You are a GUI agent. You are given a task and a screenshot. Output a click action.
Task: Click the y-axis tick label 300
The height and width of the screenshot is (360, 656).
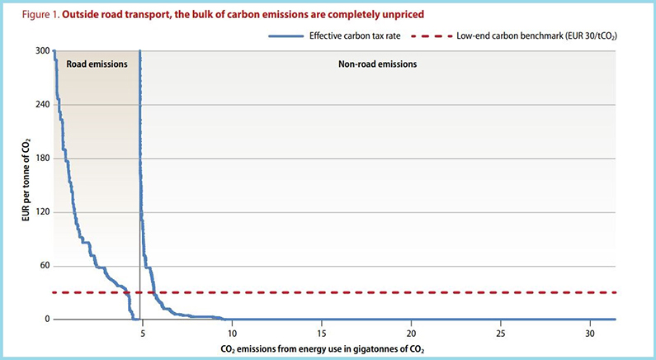(41, 51)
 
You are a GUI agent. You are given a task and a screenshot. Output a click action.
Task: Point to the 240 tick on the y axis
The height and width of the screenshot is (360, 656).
(41, 105)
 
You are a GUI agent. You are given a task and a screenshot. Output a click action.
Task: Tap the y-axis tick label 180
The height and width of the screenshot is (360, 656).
(41, 159)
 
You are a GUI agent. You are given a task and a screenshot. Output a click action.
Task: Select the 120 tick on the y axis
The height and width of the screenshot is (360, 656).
(41, 212)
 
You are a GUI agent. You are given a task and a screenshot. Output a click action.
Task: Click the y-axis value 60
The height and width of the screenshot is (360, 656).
(44, 266)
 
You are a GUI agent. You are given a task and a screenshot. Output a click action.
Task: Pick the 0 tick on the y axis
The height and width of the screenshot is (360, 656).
(46, 320)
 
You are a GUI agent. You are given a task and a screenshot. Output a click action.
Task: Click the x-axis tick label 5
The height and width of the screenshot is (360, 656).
(142, 333)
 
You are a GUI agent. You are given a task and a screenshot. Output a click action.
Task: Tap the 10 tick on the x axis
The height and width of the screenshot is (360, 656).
(232, 333)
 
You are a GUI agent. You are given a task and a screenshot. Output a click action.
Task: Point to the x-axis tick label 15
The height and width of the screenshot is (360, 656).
(322, 333)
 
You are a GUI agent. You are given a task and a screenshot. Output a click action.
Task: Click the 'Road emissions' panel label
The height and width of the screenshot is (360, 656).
(97, 64)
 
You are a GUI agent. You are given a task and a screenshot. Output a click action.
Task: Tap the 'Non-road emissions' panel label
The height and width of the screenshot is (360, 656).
(379, 64)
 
